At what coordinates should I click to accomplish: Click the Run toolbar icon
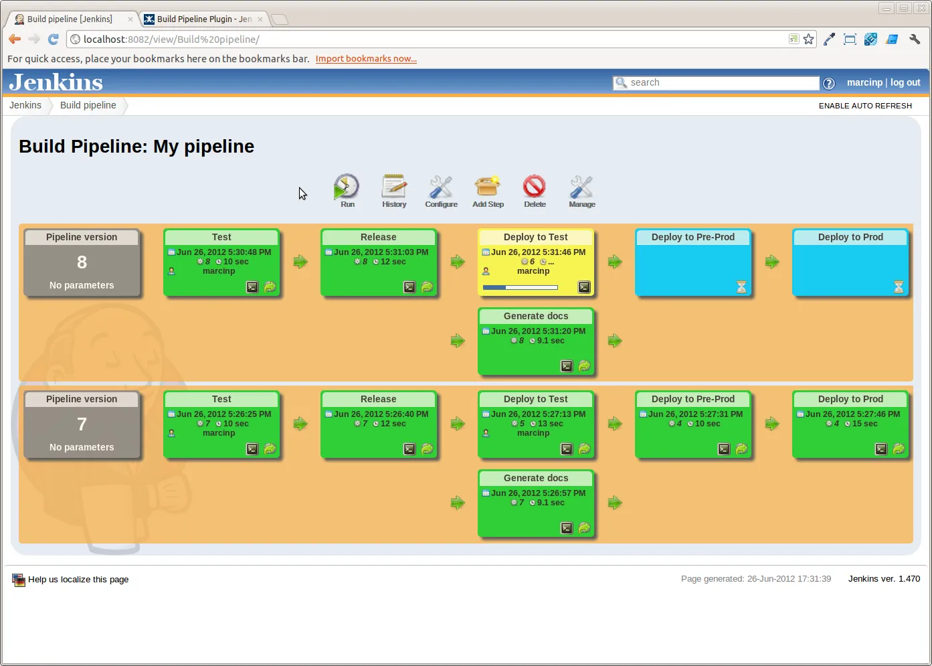point(347,188)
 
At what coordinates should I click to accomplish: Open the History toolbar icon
point(394,188)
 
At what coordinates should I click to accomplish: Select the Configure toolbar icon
point(441,188)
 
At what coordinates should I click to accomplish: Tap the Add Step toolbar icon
point(488,188)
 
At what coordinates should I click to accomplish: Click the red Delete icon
point(535,187)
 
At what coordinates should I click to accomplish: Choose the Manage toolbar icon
point(581,188)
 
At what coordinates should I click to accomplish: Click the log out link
point(905,82)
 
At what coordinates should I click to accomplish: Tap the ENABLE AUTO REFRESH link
point(865,106)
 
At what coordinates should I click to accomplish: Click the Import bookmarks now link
point(366,59)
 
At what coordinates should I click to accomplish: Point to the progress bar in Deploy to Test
point(521,288)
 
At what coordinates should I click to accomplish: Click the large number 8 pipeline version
point(82,262)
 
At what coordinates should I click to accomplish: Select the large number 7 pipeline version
point(82,424)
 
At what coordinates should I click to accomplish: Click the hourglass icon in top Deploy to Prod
point(899,287)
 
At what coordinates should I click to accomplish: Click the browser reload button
point(54,39)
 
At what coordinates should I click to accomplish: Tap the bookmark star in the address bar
point(809,39)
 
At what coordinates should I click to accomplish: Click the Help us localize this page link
point(78,580)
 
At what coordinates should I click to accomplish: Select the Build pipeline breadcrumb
point(88,105)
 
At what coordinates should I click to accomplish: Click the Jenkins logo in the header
point(56,82)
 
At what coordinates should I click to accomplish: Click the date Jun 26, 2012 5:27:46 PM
point(852,414)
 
